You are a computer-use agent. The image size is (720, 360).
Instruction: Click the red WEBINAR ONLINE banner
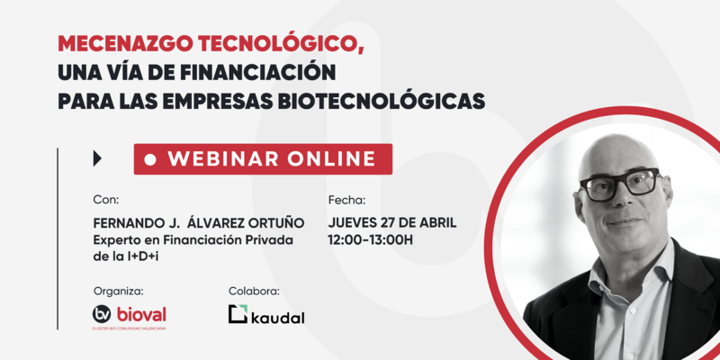coord(263,158)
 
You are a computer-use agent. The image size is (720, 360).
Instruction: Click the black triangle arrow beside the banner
coord(97,158)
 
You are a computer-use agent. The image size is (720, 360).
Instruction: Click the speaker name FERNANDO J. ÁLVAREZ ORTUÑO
coord(198,222)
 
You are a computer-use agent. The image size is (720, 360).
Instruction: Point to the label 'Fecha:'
coord(347,200)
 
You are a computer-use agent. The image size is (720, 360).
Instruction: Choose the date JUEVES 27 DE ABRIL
coord(392,222)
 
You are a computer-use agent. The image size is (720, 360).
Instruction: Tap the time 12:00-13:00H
coord(371,239)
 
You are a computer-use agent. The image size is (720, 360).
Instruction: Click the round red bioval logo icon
coord(103,314)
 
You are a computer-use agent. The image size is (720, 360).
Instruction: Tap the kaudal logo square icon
coord(238,314)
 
